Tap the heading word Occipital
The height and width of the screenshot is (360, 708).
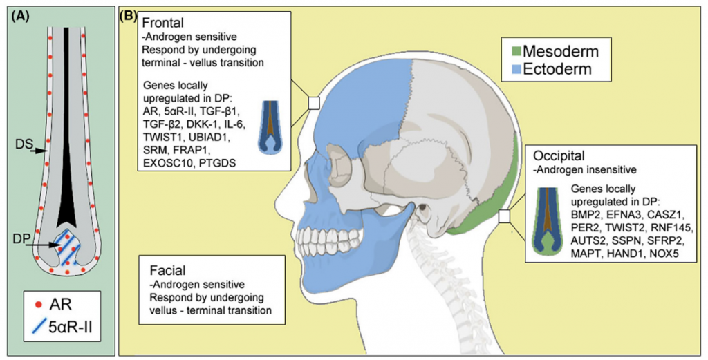coord(557,155)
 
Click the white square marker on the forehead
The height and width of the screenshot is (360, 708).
coord(313,103)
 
